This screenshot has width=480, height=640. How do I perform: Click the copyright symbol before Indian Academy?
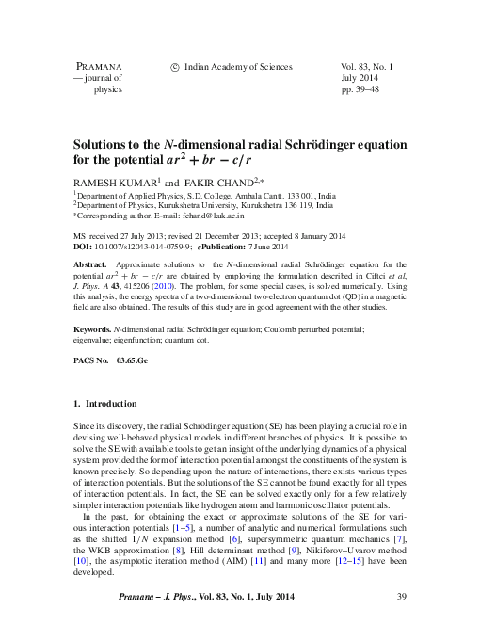(x=174, y=67)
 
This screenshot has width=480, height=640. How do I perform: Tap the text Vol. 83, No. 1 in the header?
(x=366, y=67)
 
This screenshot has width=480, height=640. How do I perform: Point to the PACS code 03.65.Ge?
(x=133, y=360)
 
